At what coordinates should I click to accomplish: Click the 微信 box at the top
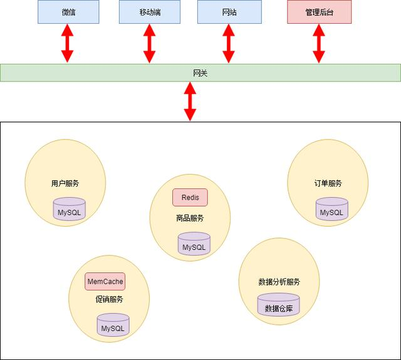point(68,12)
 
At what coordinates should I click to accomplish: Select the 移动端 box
point(149,12)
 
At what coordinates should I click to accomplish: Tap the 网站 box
point(229,12)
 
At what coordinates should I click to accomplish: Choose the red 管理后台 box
point(319,12)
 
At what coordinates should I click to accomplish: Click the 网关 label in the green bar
point(200,73)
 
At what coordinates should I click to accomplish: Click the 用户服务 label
point(65,183)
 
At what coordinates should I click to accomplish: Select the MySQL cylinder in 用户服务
point(69,210)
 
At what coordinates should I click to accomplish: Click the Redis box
point(190,197)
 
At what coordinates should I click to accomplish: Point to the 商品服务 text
point(190,218)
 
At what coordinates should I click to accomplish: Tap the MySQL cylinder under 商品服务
point(194,244)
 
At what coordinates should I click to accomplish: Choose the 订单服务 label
point(328,183)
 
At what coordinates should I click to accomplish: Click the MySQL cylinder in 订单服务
point(331,210)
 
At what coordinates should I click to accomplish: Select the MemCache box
point(105,282)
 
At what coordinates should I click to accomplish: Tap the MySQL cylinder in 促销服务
point(113,326)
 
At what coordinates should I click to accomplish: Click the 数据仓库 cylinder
point(278,306)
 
